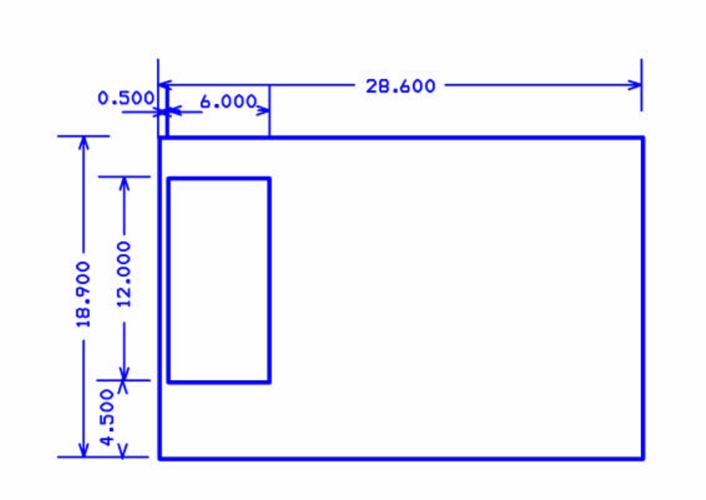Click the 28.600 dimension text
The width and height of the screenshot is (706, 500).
tap(400, 86)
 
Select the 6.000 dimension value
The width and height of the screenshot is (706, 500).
tap(228, 102)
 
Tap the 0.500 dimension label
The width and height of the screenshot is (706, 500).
tap(125, 98)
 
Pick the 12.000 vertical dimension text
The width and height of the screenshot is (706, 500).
tap(124, 275)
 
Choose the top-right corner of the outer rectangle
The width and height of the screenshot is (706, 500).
tap(643, 137)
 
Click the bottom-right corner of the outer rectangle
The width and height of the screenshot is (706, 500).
tap(643, 458)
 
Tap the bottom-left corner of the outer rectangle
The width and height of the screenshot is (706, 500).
tap(159, 458)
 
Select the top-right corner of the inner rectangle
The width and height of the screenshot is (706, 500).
tap(269, 178)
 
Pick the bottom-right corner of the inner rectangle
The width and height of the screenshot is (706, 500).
tap(269, 382)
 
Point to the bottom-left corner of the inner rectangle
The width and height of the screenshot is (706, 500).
tap(168, 382)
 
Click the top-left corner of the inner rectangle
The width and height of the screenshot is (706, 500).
tap(168, 178)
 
